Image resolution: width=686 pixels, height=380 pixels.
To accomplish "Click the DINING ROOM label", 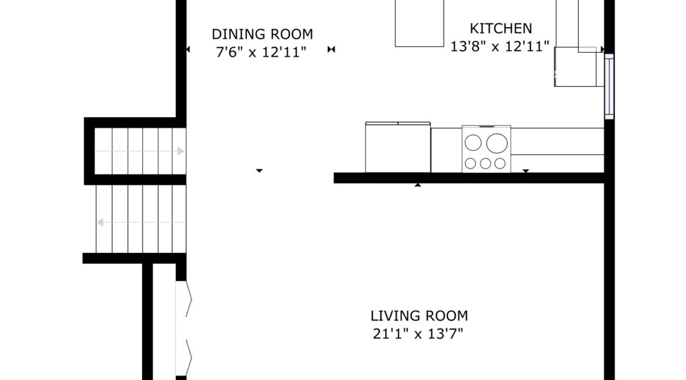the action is point(263,34).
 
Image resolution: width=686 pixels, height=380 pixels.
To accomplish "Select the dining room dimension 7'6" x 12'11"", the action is point(261,52).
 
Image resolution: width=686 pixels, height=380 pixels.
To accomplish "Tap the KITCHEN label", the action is point(501,29).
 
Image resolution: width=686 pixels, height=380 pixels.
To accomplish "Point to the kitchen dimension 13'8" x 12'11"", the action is point(500,46).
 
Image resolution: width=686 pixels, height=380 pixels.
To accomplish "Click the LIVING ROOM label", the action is point(419,315).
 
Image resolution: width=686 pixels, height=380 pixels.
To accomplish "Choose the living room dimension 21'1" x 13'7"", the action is point(418,334).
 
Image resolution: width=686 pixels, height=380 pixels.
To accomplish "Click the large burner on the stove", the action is point(497,143).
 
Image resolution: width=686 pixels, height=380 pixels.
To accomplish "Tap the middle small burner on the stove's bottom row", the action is point(485,163).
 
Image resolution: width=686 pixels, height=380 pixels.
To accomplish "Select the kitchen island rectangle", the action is point(419,23).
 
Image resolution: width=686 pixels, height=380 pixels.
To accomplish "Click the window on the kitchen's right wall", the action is point(609,87).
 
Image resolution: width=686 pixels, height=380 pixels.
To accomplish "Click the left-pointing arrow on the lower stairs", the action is point(141,222).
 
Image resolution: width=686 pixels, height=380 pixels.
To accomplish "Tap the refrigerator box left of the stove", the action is point(398,148).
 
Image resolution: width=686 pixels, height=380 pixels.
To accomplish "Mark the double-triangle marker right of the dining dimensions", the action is point(331,49).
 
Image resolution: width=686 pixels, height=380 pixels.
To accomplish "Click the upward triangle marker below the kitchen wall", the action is point(418,185).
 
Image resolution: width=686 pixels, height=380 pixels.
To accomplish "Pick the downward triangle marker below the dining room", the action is point(259,170).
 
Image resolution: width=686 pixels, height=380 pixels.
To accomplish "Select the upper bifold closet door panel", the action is point(184,298).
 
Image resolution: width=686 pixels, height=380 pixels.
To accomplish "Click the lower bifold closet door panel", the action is point(184,358).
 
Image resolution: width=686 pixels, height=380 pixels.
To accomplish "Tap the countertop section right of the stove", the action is point(558,141).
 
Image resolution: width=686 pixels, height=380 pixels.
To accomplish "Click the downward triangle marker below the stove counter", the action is point(526,171).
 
